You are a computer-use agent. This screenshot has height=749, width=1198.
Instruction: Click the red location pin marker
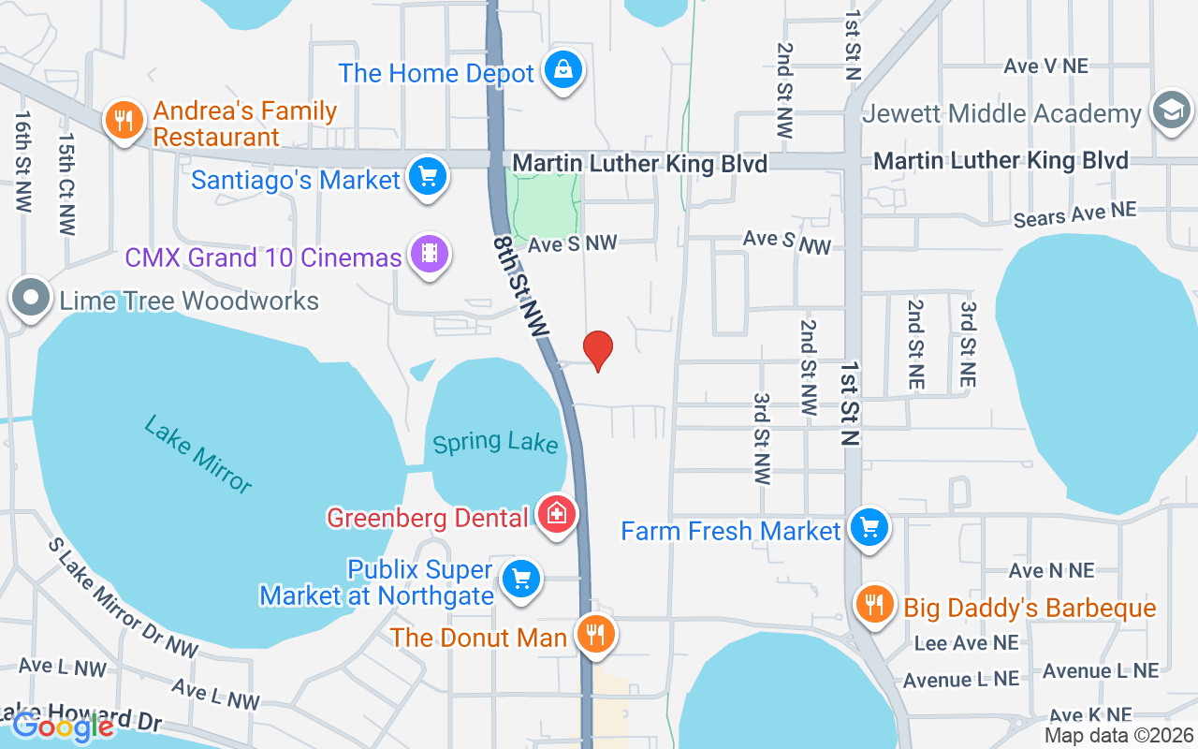pos(598,350)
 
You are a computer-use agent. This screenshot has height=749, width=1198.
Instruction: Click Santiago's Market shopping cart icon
pos(428,176)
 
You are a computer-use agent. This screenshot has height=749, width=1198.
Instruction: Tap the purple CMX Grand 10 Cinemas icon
pos(429,254)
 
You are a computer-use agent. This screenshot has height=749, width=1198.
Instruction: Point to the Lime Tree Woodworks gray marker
pos(32,299)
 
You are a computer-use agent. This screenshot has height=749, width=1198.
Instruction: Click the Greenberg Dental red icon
pos(557,514)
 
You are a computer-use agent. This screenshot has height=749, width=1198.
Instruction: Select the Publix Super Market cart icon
pos(520,579)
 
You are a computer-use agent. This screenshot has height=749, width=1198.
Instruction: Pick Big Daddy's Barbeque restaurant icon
pos(874,605)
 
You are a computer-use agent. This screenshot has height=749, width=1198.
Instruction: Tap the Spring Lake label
pos(495,442)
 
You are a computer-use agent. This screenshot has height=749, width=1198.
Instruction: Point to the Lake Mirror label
pos(198,454)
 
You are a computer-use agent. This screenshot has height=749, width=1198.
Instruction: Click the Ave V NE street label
pos(1045,66)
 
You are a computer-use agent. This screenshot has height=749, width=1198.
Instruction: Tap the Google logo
pos(64,726)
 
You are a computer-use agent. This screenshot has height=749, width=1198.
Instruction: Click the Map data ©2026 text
pos(1118,736)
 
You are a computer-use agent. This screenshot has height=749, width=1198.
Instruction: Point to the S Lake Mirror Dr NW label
pos(124,598)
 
